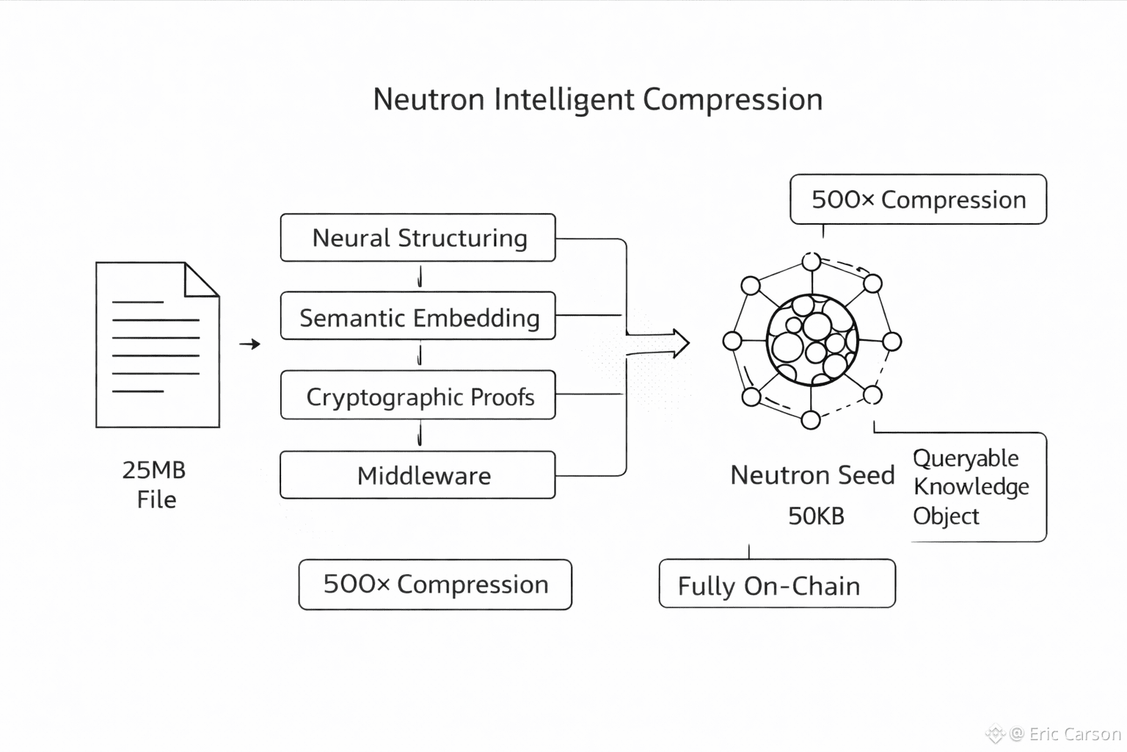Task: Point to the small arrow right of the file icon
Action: point(249,344)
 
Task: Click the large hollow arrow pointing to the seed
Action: point(657,344)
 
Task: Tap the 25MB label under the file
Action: point(154,470)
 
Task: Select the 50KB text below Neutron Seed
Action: point(816,516)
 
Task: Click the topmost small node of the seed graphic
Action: point(811,261)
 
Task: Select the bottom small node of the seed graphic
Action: point(811,419)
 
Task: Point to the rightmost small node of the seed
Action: point(892,341)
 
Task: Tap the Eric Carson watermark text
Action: point(1074,734)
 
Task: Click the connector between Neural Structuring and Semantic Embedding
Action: point(420,277)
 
